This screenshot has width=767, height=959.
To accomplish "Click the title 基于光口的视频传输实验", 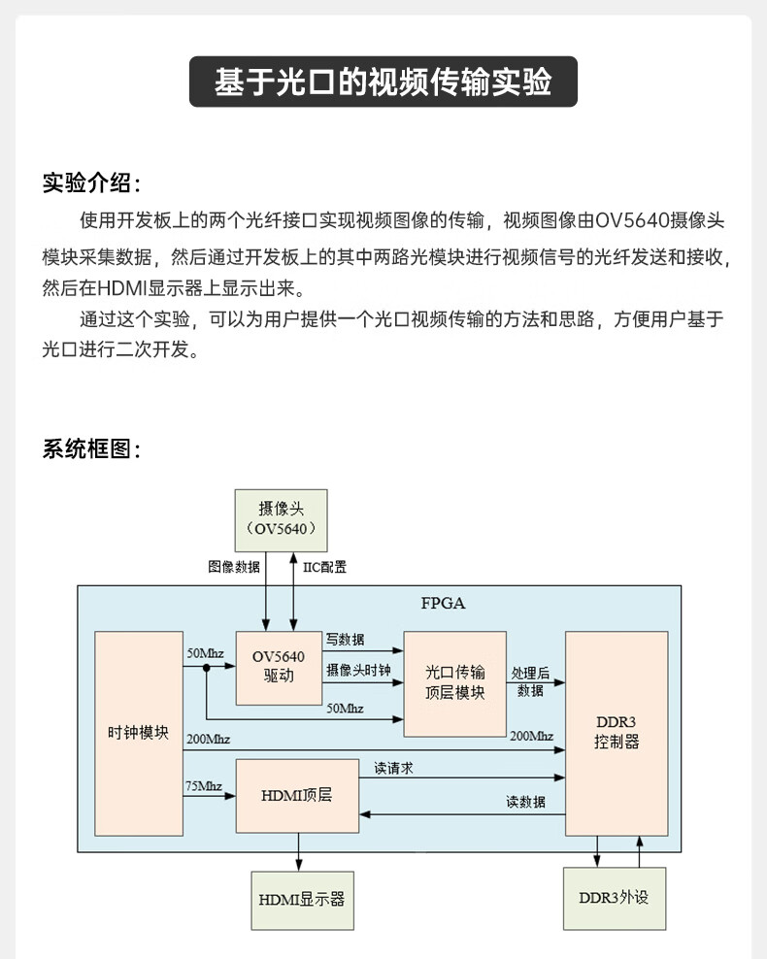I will pyautogui.click(x=383, y=82).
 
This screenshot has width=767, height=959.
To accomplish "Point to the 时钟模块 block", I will pyautogui.click(x=138, y=733).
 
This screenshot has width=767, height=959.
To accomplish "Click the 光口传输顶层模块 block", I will pyautogui.click(x=454, y=682).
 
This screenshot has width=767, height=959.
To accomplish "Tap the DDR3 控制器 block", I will pyautogui.click(x=617, y=733).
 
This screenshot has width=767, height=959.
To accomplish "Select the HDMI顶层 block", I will pyautogui.click(x=297, y=795).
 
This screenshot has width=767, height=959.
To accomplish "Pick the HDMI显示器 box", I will pyautogui.click(x=301, y=899).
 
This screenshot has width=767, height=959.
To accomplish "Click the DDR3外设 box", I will pyautogui.click(x=614, y=897).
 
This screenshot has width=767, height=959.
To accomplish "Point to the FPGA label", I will pyautogui.click(x=444, y=603).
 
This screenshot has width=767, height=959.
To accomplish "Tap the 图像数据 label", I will pyautogui.click(x=234, y=567).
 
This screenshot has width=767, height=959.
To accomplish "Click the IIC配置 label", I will pyautogui.click(x=325, y=567).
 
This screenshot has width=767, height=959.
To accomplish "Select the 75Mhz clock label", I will pyautogui.click(x=204, y=785).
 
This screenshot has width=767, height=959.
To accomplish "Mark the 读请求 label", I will pyautogui.click(x=394, y=768).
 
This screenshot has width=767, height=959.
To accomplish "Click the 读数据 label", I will pyautogui.click(x=525, y=802).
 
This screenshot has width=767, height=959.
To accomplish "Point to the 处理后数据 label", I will pyautogui.click(x=530, y=681).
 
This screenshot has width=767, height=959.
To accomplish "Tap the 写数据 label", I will pyautogui.click(x=346, y=640).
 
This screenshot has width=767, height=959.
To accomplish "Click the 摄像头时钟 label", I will pyautogui.click(x=358, y=671).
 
